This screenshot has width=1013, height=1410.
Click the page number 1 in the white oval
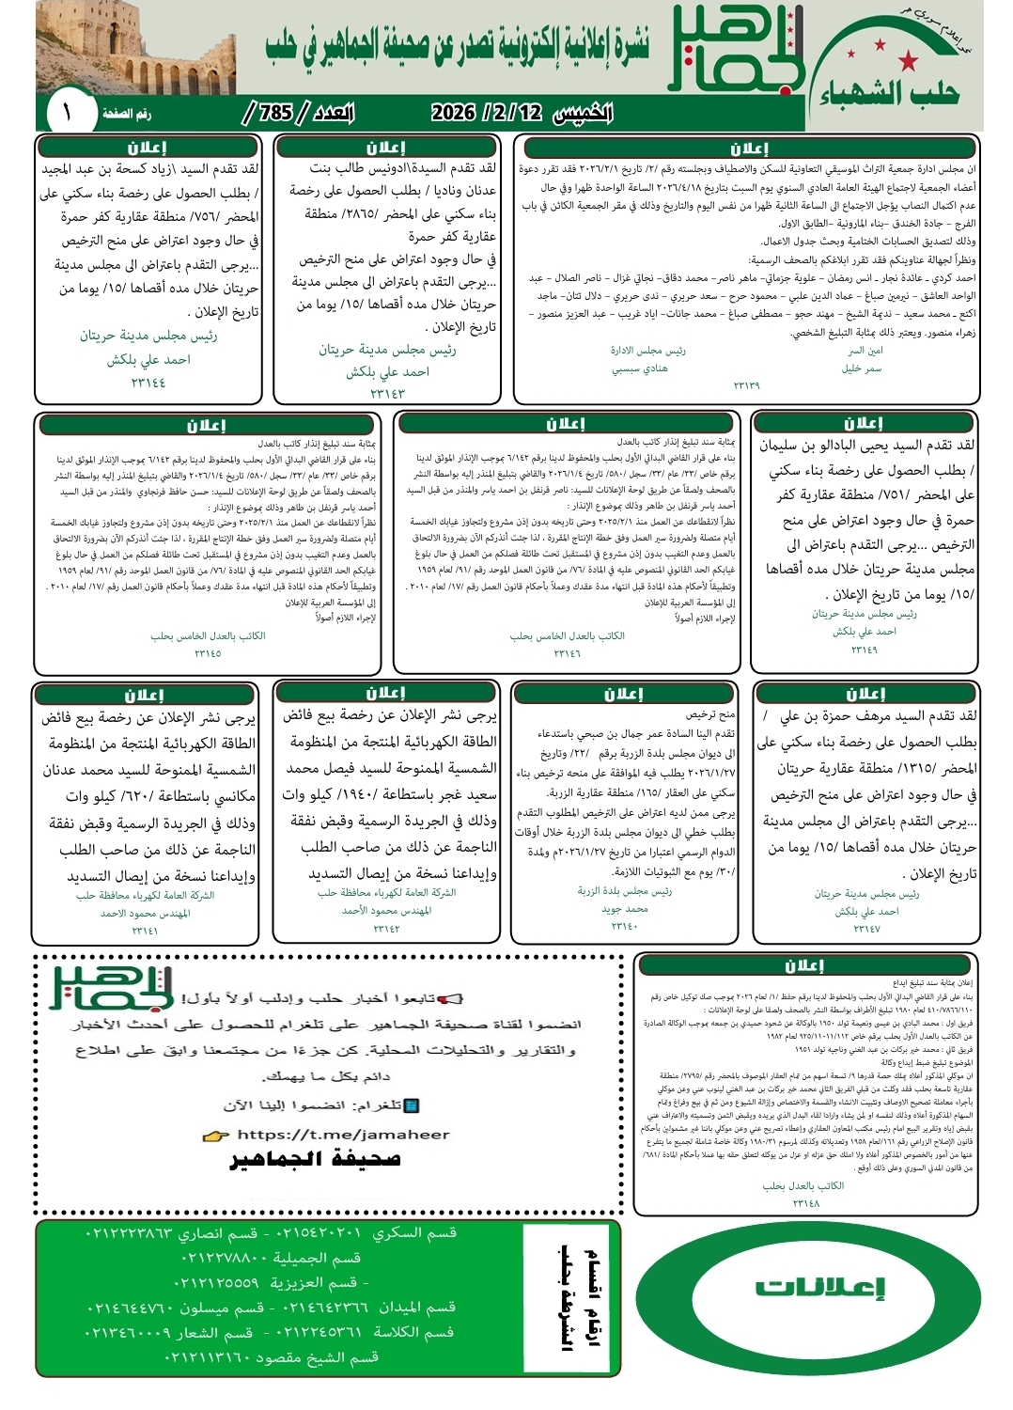67,113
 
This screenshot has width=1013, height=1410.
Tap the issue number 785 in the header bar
275,113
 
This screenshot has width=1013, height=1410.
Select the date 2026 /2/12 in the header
487,113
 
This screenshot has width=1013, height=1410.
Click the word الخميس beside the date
584,114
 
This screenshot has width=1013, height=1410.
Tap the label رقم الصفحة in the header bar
127,114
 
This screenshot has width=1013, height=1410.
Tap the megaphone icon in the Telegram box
452,998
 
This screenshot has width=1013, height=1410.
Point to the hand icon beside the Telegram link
216,1136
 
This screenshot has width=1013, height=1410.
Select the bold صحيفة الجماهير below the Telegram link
316,1159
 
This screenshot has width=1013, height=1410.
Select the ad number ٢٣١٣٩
746,385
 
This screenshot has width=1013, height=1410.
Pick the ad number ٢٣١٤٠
624,926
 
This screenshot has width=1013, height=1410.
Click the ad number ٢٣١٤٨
805,1203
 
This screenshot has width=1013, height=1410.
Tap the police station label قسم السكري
414,1232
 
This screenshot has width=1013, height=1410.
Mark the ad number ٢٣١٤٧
866,928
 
